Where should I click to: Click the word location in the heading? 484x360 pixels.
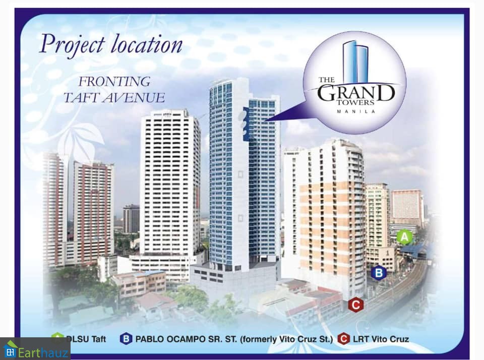[147, 44]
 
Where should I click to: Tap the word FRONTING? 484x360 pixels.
[114, 82]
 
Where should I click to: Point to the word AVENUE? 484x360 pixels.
[134, 98]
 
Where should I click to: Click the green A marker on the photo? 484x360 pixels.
[404, 237]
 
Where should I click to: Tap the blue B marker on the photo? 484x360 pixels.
[379, 273]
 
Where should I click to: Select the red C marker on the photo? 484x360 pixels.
[355, 305]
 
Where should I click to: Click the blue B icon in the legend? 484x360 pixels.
[126, 339]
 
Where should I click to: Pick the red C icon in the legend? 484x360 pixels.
[343, 339]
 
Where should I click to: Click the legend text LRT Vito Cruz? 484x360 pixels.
[381, 339]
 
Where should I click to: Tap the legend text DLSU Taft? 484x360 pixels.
[86, 339]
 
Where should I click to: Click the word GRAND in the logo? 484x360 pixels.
[356, 93]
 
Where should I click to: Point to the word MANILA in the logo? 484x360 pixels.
[356, 111]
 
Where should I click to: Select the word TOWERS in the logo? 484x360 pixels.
[356, 103]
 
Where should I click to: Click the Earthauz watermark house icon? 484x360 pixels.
[10, 349]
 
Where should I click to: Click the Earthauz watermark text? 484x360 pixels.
[43, 352]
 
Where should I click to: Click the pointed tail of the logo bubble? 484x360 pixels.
[265, 121]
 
